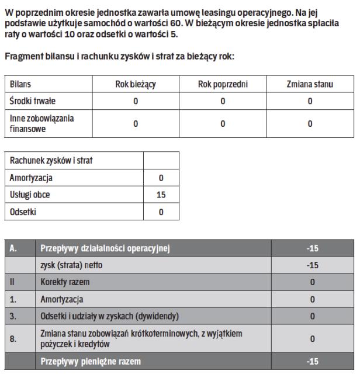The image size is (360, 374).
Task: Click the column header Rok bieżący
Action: (x=135, y=84)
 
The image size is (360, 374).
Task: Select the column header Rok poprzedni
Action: (x=223, y=84)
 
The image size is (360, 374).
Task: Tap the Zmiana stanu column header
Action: (x=310, y=84)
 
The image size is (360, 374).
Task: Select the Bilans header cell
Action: (x=21, y=84)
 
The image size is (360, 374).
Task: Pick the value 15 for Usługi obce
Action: (x=161, y=195)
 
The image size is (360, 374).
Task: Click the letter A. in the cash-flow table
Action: (x=13, y=249)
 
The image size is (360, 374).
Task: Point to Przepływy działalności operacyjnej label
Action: (x=105, y=249)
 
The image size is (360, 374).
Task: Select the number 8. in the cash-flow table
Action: (x=13, y=338)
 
